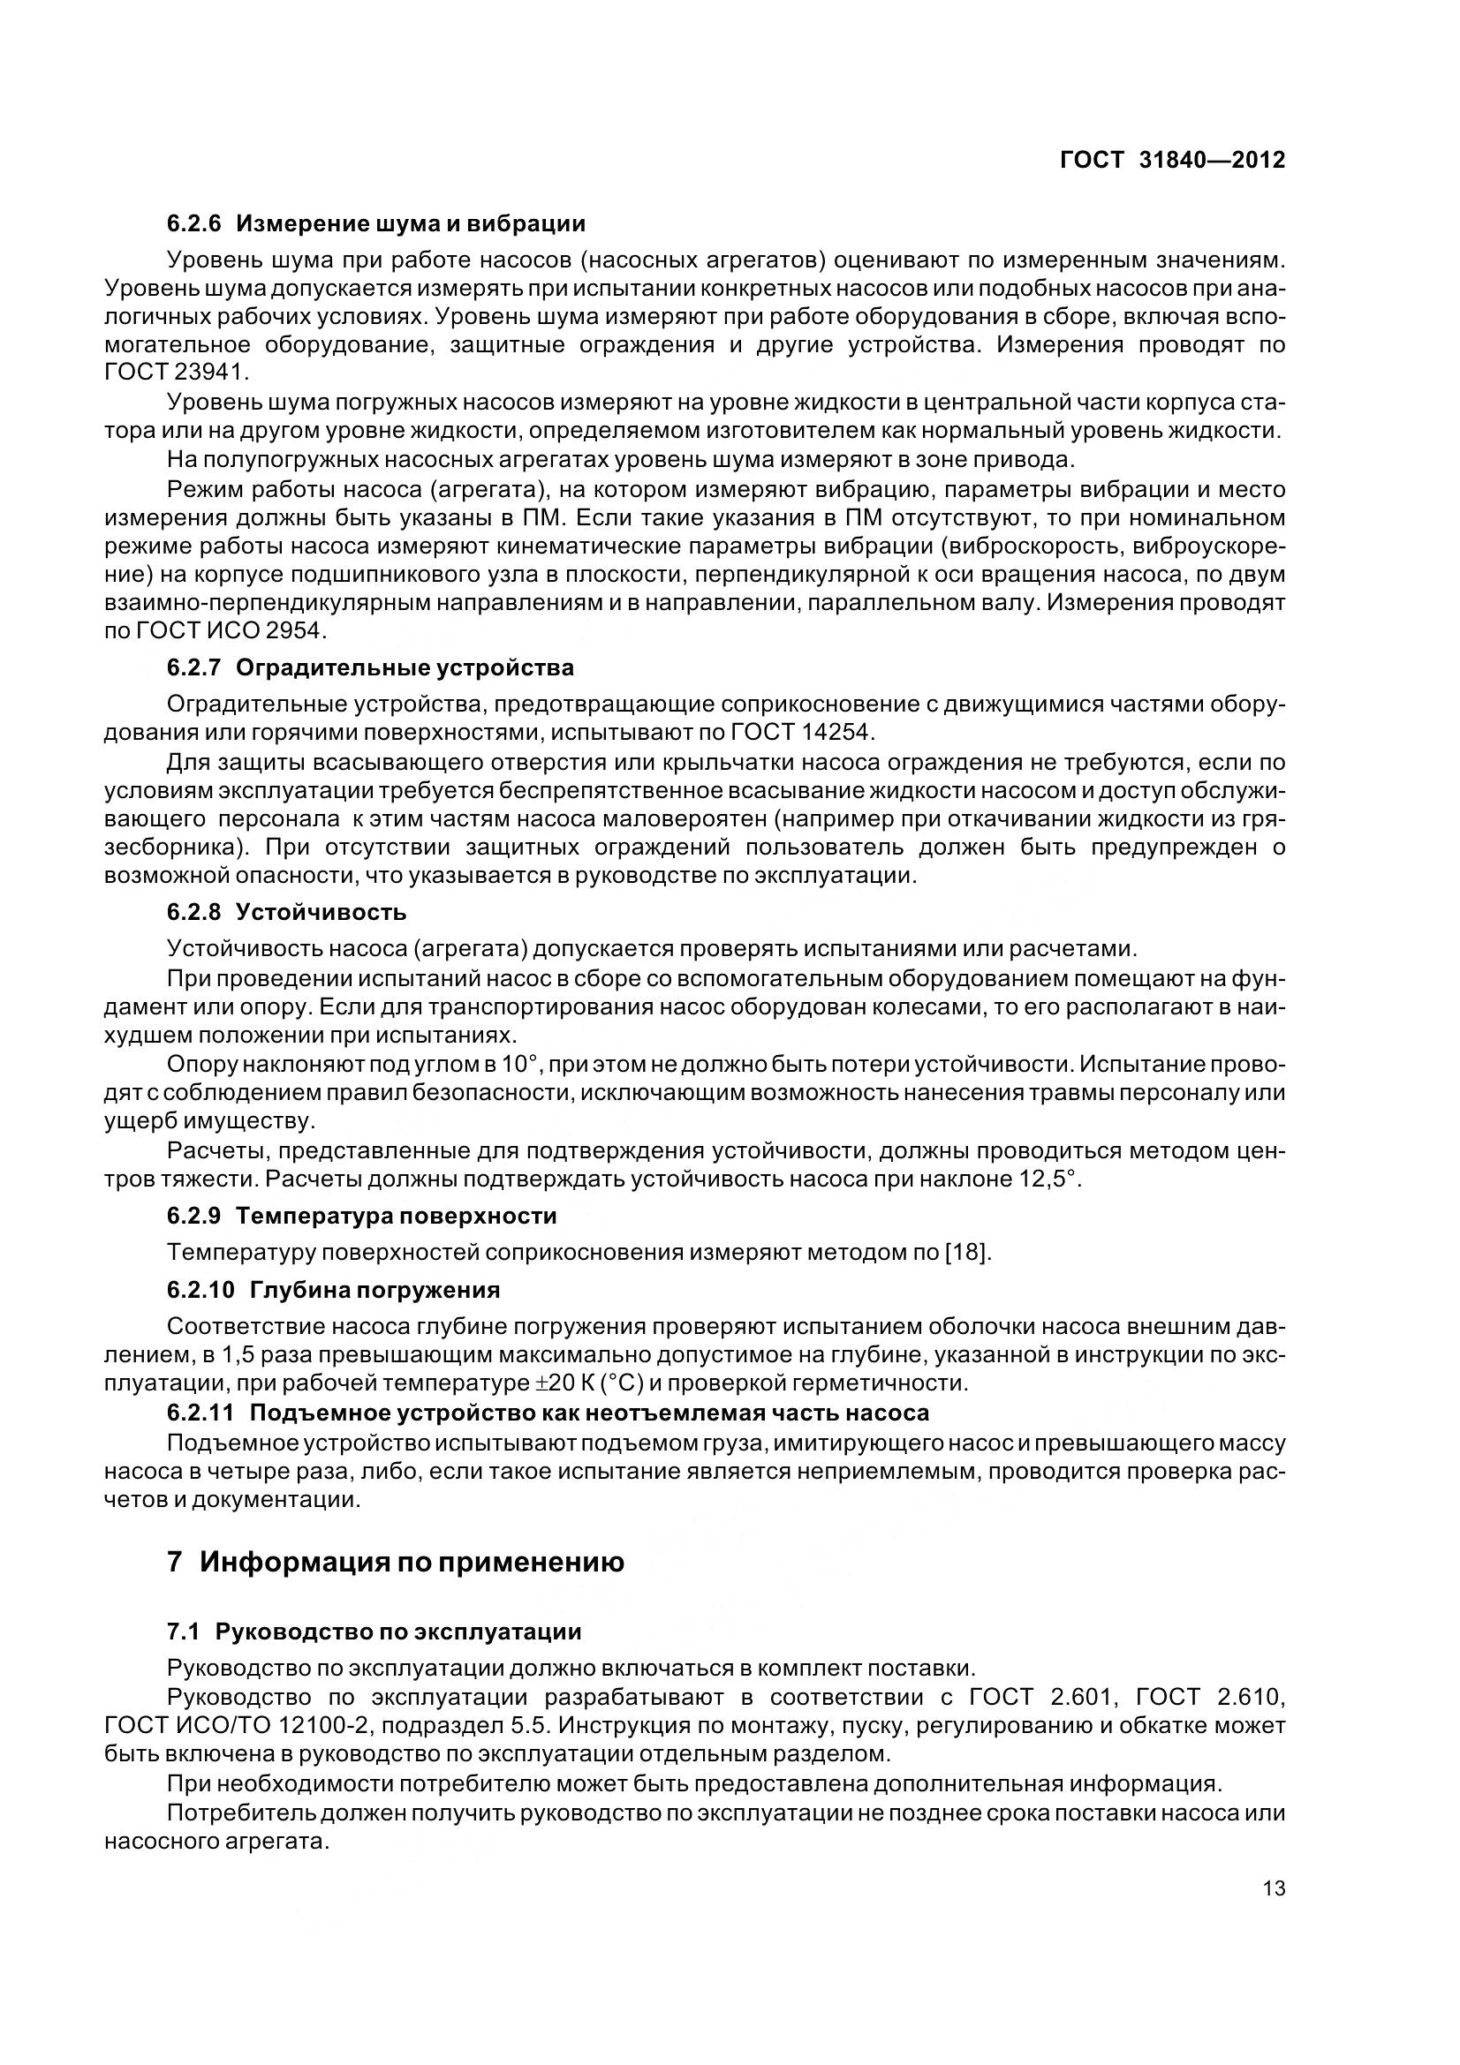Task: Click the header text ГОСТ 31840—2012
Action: coord(1172,160)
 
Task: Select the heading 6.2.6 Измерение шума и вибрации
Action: coord(376,223)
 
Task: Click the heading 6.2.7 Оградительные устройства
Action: coord(370,667)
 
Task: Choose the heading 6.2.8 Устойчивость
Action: coord(286,912)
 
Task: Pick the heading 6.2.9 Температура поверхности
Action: coord(361,1215)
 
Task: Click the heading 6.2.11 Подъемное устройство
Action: coord(547,1412)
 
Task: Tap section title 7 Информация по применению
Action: coord(396,1563)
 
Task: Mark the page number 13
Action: coord(1274,1888)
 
